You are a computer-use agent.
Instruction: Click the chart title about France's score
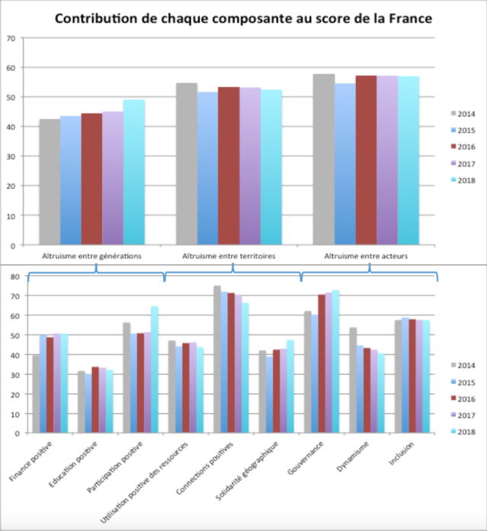[x=243, y=18]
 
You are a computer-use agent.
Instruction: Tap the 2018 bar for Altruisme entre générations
[x=134, y=172]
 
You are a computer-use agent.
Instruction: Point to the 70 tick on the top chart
[x=10, y=38]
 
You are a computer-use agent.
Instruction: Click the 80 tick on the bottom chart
[x=13, y=276]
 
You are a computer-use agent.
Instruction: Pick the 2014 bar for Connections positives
[x=217, y=359]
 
